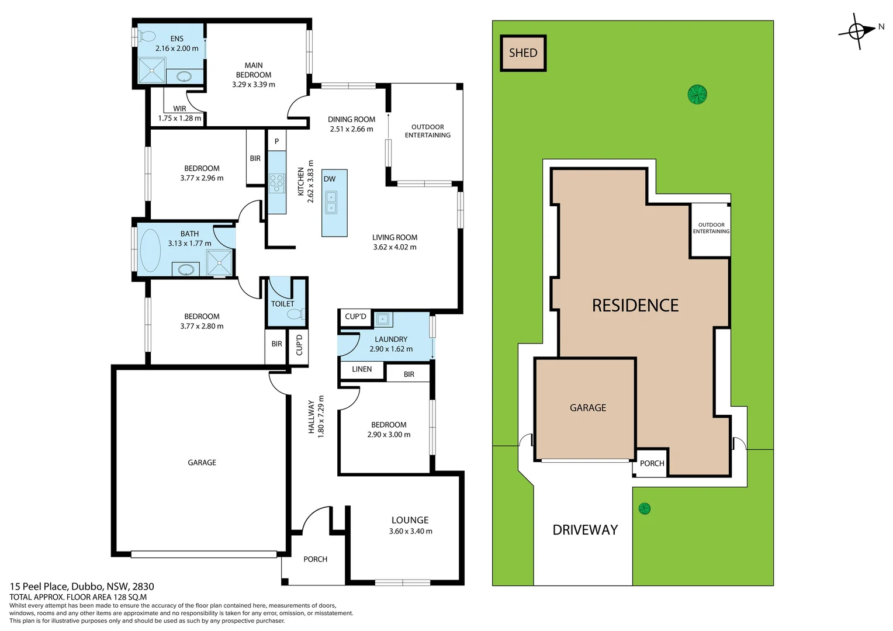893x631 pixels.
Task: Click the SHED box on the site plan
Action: coord(523,53)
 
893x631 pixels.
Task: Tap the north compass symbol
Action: coord(857,31)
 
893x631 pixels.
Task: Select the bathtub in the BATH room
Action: coord(150,250)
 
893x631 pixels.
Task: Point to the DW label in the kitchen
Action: coord(330,179)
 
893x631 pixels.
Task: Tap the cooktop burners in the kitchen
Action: coord(276,183)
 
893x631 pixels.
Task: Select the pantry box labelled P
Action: coord(276,141)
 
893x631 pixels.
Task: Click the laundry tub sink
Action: coord(383,319)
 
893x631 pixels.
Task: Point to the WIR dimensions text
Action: coord(179,118)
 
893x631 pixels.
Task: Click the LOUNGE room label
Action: coord(410,520)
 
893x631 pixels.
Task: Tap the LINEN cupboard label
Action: coord(362,369)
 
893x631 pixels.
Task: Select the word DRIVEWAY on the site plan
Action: coord(585,530)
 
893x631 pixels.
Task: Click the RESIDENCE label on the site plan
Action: coord(635,306)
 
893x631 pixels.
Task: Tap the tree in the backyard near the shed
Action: coord(697,94)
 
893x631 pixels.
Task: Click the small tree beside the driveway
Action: coord(644,508)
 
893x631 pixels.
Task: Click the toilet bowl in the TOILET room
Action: coord(295,314)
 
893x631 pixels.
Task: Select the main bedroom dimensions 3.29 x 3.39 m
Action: coord(253,84)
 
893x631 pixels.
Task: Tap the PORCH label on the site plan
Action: coord(652,463)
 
